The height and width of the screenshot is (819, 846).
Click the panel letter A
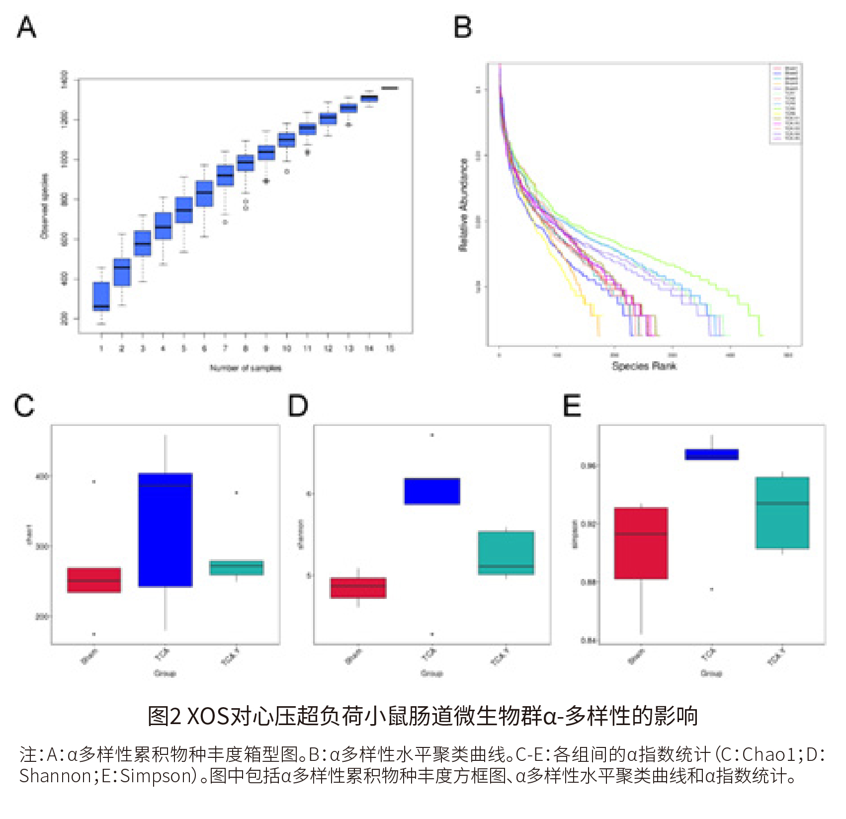(x=27, y=27)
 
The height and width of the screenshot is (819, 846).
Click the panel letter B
(x=463, y=27)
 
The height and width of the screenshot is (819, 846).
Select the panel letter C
(x=24, y=406)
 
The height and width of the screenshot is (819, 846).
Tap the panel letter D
(x=298, y=406)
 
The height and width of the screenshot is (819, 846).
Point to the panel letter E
(x=572, y=406)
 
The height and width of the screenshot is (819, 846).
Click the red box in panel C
(x=94, y=580)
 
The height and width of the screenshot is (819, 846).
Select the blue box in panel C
(x=166, y=530)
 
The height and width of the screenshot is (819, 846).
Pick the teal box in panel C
(x=237, y=568)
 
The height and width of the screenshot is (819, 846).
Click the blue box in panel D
(x=432, y=491)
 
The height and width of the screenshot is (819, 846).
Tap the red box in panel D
(x=358, y=587)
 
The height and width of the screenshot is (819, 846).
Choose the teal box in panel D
(x=506, y=553)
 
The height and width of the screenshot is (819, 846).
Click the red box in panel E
(x=641, y=543)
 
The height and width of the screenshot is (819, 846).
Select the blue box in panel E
(x=712, y=454)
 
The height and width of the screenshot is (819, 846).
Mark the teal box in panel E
(x=782, y=513)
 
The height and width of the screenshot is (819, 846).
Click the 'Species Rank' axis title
(x=644, y=366)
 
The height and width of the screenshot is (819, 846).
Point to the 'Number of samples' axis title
(x=246, y=368)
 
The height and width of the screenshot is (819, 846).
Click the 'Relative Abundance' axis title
(x=463, y=205)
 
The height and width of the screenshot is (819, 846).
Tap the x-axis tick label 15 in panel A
(x=390, y=348)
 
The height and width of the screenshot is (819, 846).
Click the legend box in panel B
(x=785, y=103)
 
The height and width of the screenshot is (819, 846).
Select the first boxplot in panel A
(x=101, y=296)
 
